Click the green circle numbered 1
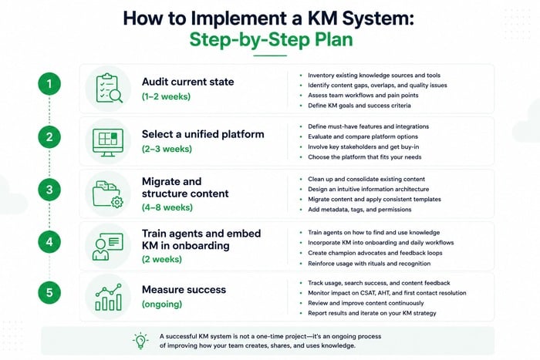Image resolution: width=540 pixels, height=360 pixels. [x=49, y=83]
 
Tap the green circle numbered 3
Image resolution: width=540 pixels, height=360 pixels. [x=49, y=190]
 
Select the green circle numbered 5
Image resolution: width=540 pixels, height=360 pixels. [x=49, y=292]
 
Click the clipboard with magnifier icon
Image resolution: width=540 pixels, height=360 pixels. [x=109, y=88]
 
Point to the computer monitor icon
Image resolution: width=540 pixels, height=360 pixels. [x=108, y=142]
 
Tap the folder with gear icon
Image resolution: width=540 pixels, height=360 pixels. [x=108, y=194]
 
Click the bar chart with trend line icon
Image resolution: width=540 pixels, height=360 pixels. [x=109, y=298]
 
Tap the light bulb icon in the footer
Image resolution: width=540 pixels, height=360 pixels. [x=140, y=341]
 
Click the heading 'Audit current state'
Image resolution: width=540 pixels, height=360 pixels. [x=187, y=82]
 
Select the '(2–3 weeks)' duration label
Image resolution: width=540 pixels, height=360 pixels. [x=167, y=149]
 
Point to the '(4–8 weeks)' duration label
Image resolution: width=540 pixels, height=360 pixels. [x=167, y=207]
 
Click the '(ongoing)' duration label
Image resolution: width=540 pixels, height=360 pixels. [x=162, y=304]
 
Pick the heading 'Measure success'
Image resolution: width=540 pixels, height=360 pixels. [x=184, y=290]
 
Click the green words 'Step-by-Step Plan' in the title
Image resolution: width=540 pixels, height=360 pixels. [x=271, y=39]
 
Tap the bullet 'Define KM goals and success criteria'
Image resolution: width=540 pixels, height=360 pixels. [x=359, y=106]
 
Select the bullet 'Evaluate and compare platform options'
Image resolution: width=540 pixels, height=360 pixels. [x=363, y=136]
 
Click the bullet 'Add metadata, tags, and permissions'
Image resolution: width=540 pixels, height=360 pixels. [x=359, y=210]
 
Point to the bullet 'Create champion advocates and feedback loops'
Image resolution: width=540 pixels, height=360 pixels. [x=375, y=253]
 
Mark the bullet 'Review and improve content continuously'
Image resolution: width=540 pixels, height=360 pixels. [x=366, y=303]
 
